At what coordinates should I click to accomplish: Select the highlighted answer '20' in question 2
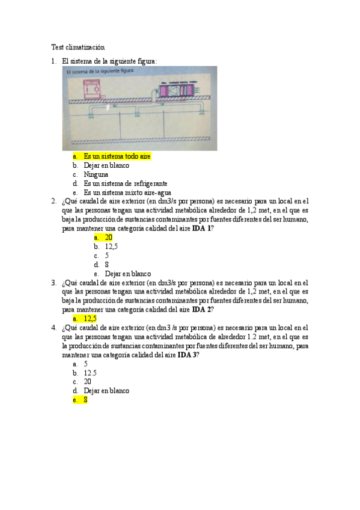tap(109, 238)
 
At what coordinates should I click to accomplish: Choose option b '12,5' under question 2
tap(111, 247)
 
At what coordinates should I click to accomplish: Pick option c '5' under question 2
tap(106, 256)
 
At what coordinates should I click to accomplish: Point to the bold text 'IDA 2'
tap(201, 310)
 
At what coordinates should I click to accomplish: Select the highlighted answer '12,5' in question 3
tap(90, 319)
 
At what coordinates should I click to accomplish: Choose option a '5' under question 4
tap(86, 364)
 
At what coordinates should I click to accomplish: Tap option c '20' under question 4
tap(88, 381)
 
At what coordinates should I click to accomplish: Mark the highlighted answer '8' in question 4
tap(86, 399)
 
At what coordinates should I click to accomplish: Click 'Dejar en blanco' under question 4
tap(106, 390)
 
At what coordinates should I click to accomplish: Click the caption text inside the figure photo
tap(102, 72)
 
